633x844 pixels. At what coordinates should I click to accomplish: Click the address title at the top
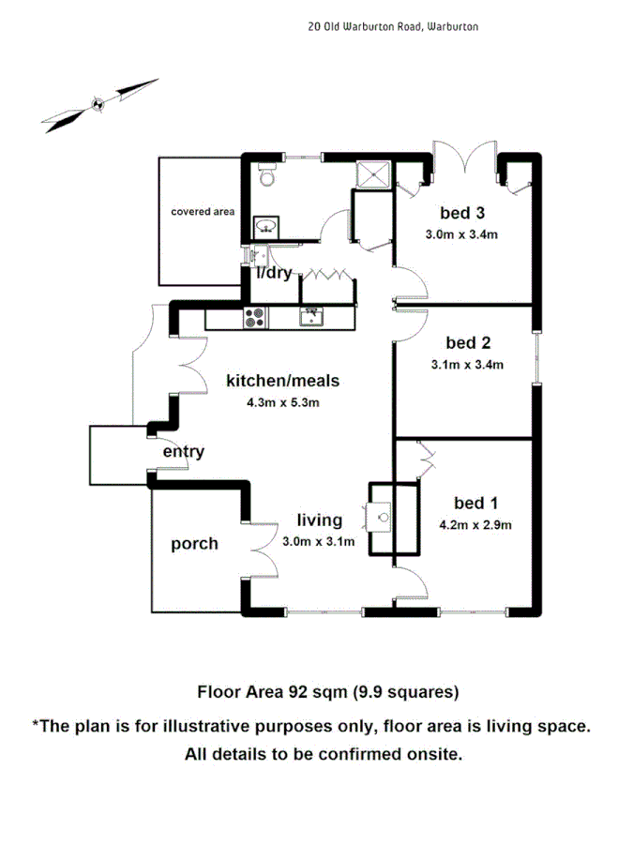[393, 27]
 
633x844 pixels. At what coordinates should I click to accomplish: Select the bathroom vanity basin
[265, 226]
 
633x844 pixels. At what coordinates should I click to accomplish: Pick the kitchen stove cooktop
[253, 317]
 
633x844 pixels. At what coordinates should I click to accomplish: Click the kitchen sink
[312, 317]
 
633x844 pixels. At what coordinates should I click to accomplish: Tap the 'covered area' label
[202, 212]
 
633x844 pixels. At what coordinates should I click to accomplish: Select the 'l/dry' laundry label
[275, 273]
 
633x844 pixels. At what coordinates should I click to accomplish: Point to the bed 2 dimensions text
[468, 365]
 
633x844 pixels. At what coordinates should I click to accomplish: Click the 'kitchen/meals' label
[282, 381]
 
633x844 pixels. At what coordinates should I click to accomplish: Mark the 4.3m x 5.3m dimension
[277, 403]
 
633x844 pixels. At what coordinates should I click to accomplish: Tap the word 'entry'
[184, 452]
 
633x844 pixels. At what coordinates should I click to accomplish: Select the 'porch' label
[194, 543]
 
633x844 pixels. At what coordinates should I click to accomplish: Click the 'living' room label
[320, 520]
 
